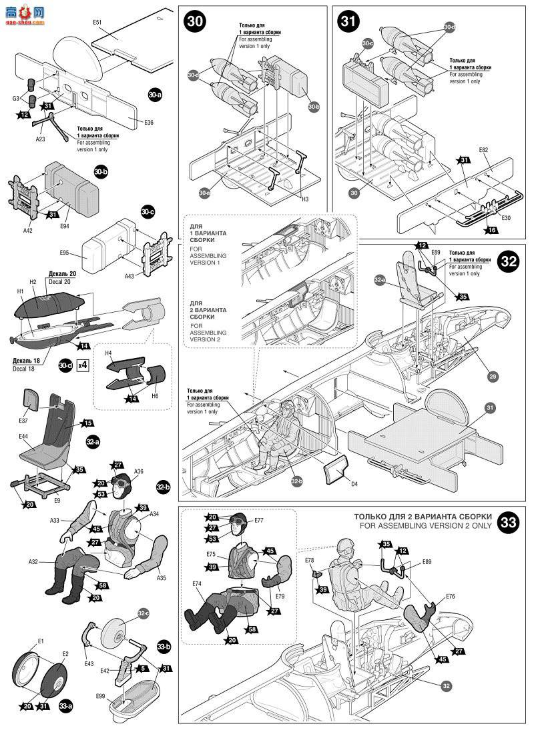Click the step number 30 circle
click(x=195, y=21)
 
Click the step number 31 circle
click(x=348, y=21)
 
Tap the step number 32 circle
click(x=509, y=261)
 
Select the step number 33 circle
click(x=509, y=522)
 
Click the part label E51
click(x=97, y=23)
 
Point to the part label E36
click(x=149, y=123)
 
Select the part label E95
click(x=64, y=253)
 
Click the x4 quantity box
click(x=83, y=365)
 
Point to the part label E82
click(x=483, y=151)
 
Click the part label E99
click(x=100, y=696)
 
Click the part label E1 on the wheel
click(x=41, y=641)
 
